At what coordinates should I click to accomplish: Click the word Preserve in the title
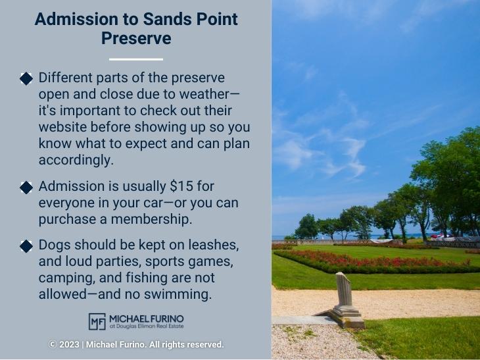[x=136, y=38]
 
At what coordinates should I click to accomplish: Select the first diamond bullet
[x=26, y=79]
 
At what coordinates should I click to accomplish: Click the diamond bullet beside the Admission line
[x=26, y=187]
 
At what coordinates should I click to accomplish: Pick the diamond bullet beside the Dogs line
[x=26, y=246]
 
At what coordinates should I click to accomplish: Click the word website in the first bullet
[x=68, y=126]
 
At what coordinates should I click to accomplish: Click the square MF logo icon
[x=97, y=321]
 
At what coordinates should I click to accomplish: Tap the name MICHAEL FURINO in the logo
[x=147, y=318]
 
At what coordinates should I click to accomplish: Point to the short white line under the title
[x=136, y=59]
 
